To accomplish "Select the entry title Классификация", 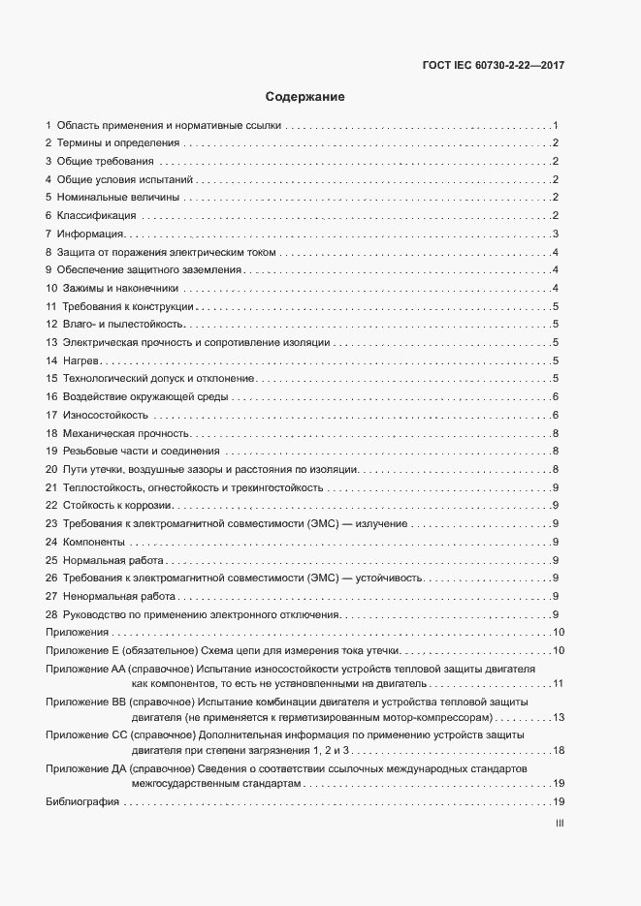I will click(97, 215).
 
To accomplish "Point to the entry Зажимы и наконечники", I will click(120, 288).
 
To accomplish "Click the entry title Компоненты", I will click(94, 542).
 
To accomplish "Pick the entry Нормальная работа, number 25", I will click(103, 560).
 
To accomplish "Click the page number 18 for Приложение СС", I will click(558, 750).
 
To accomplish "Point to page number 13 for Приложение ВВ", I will click(558, 717).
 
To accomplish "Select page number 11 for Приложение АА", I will click(558, 684).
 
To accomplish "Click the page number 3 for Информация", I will click(555, 234).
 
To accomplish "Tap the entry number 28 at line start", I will click(51, 614).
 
